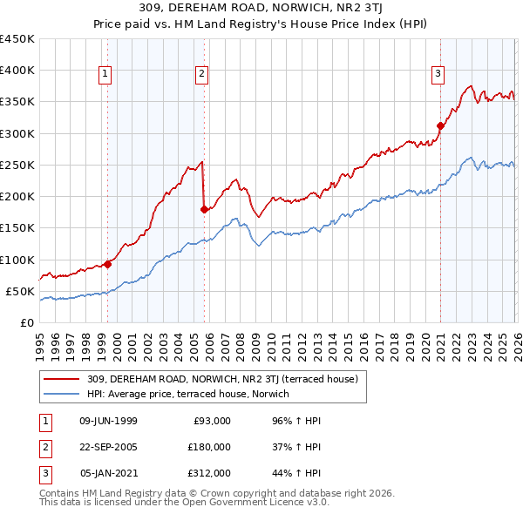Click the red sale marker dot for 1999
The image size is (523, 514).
pyautogui.click(x=108, y=264)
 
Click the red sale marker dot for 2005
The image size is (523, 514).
pyautogui.click(x=204, y=209)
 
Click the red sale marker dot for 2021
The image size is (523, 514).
pyautogui.click(x=440, y=125)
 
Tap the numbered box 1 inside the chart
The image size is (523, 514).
pyautogui.click(x=105, y=75)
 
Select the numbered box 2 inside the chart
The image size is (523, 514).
pyautogui.click(x=201, y=75)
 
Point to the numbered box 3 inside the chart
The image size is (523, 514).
pyautogui.click(x=438, y=75)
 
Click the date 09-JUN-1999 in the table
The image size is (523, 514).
pyautogui.click(x=108, y=421)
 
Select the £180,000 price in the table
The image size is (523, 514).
pyautogui.click(x=209, y=447)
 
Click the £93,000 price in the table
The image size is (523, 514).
pyautogui.click(x=212, y=421)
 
